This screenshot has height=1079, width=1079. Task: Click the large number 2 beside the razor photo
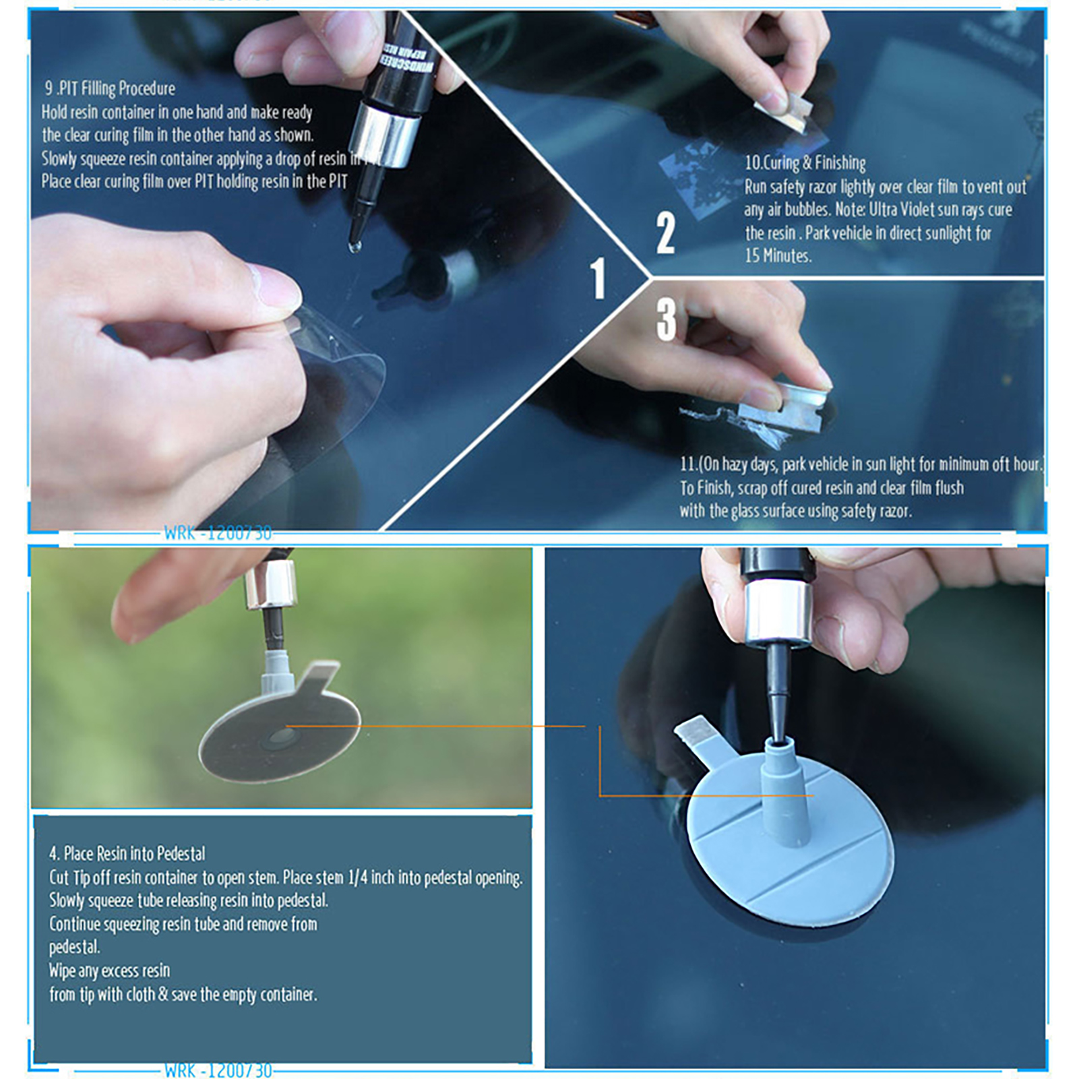click(x=665, y=233)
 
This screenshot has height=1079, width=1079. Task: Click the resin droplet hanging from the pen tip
click(x=354, y=246)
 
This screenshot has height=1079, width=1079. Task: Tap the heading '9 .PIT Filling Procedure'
click(x=110, y=88)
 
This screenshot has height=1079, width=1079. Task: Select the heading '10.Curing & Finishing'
click(x=805, y=162)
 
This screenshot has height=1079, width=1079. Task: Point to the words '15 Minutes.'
click(x=778, y=255)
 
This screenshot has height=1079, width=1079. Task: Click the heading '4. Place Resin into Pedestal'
click(x=127, y=853)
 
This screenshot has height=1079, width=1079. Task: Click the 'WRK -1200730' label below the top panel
click(x=218, y=533)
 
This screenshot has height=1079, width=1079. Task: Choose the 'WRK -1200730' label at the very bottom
click(x=218, y=1070)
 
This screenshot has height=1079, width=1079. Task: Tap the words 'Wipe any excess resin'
click(x=109, y=970)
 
